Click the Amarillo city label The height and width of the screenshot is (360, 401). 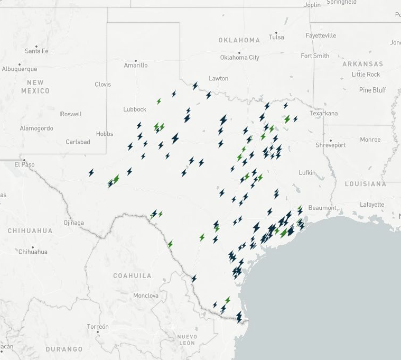(x=136, y=66)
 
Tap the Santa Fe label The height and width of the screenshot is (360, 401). (x=36, y=51)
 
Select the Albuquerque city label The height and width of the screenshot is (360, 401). (x=20, y=69)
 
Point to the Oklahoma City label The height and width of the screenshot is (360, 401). (x=240, y=58)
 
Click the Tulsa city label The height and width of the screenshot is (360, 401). (x=276, y=37)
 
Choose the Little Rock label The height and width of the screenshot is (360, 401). (x=366, y=75)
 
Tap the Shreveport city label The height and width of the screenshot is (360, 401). (x=330, y=145)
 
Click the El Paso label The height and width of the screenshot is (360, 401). (x=24, y=164)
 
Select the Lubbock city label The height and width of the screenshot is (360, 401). (x=135, y=109)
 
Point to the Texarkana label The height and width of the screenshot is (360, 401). (x=323, y=114)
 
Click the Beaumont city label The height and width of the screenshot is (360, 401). (x=322, y=208)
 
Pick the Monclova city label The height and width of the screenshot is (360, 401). (x=146, y=296)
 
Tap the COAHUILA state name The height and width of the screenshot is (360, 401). (x=132, y=276)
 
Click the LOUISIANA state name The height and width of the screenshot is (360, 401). (x=366, y=184)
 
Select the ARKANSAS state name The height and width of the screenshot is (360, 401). (x=362, y=64)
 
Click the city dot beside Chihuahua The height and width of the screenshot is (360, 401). (x=33, y=247)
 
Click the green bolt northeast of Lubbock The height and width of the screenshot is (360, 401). (x=158, y=101)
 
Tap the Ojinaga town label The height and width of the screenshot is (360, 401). (x=74, y=223)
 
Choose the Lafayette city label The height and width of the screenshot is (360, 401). (x=372, y=205)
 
